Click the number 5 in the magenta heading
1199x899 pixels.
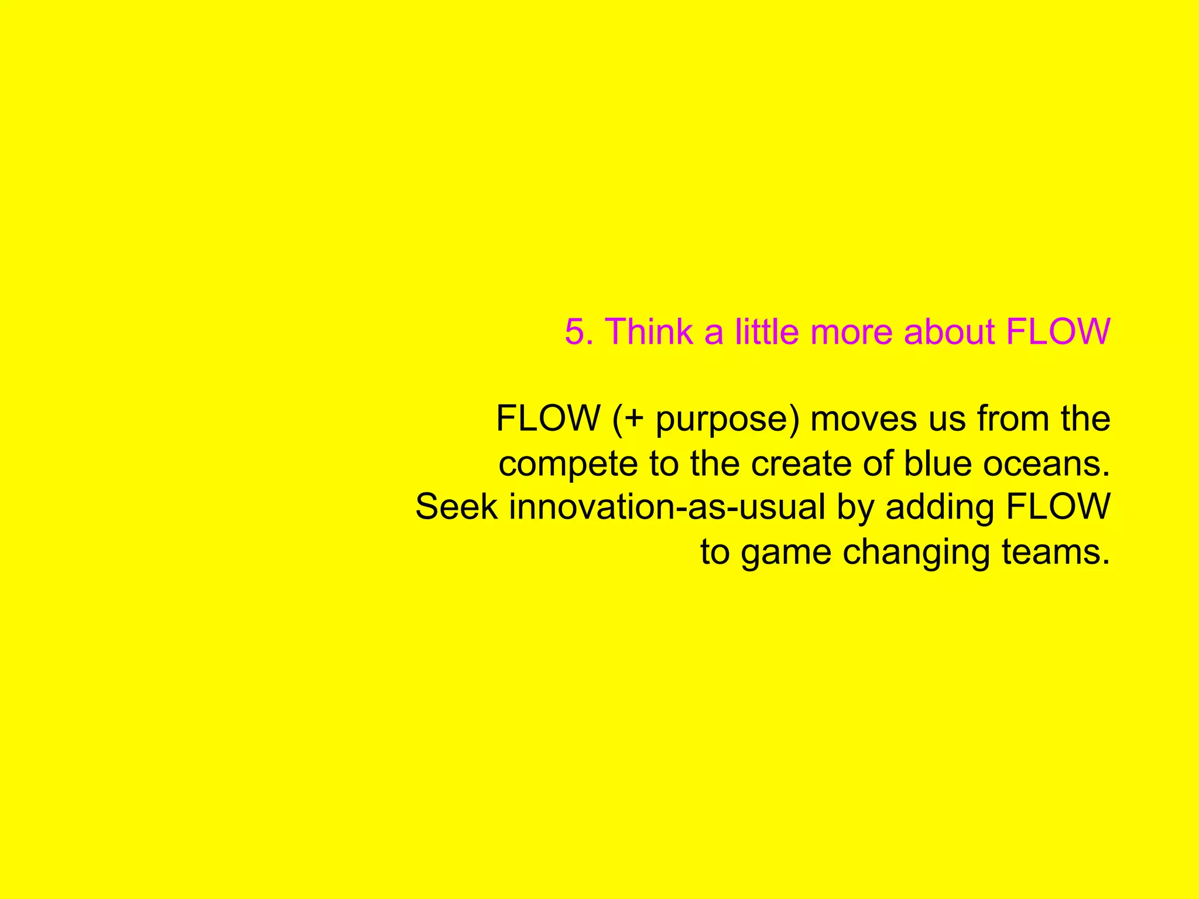click(575, 332)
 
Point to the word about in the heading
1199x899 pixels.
click(949, 332)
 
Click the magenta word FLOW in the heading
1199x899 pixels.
click(1057, 332)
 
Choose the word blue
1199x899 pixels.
click(937, 464)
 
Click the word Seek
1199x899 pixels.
click(456, 507)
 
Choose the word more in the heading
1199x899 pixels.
click(851, 332)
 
